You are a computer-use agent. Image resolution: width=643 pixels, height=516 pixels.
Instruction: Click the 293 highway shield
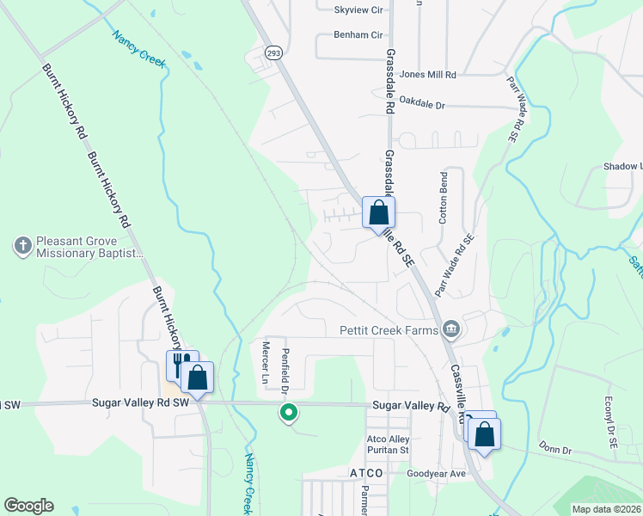click(x=273, y=52)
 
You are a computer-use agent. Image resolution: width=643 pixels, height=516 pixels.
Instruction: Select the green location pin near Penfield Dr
click(x=290, y=414)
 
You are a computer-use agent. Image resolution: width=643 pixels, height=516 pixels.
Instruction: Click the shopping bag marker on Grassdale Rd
click(x=378, y=212)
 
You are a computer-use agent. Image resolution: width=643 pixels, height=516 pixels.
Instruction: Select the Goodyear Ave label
click(x=436, y=474)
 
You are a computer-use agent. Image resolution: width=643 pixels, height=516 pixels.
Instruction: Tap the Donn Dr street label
click(x=554, y=449)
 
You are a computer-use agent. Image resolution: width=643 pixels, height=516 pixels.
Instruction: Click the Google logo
click(x=29, y=506)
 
